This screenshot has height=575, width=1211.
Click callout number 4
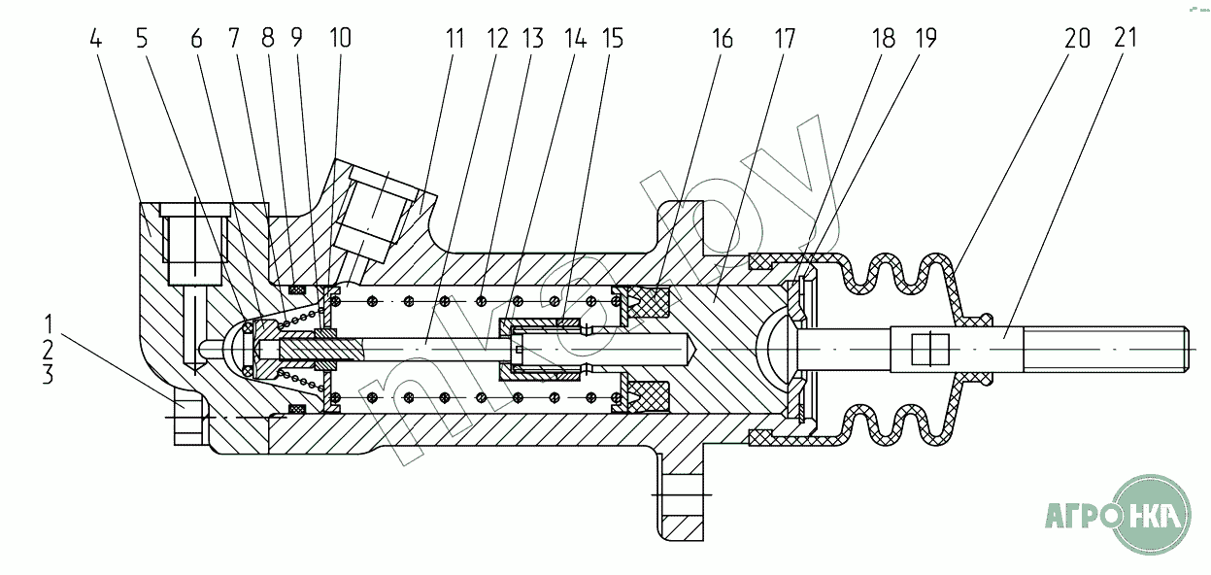[x=96, y=39]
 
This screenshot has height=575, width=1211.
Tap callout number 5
[x=142, y=39]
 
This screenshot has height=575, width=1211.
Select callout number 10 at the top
[x=341, y=38]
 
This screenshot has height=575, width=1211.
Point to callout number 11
[x=454, y=39]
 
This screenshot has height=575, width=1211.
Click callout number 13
[x=532, y=39]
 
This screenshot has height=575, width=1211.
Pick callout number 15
[x=613, y=39]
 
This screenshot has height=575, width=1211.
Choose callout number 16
[x=723, y=39]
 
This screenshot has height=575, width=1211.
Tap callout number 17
[x=785, y=39]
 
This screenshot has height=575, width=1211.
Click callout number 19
[x=925, y=38]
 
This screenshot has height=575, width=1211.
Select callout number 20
[x=1077, y=38]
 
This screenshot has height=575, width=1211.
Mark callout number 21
[x=1126, y=38]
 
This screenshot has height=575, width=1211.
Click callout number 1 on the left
[x=49, y=324]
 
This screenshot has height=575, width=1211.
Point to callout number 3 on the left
[x=49, y=374]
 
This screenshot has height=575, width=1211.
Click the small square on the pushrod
[x=930, y=350]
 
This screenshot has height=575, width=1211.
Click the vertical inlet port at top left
[x=194, y=244]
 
